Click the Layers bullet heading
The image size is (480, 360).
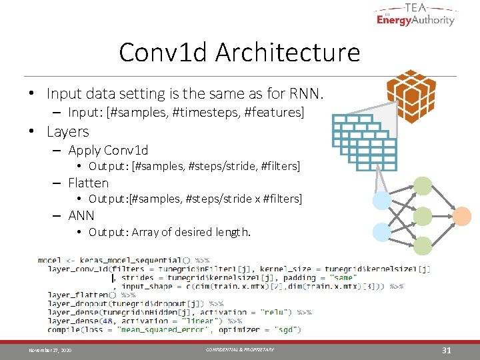[x=67, y=131]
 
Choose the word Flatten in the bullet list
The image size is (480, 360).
[x=88, y=183]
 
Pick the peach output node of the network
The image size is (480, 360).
[x=461, y=216]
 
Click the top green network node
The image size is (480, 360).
[x=422, y=185]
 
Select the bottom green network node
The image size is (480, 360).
[x=422, y=246]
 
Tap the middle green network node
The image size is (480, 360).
[x=422, y=216]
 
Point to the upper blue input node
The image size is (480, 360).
[x=382, y=200]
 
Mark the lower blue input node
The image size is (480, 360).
[x=382, y=231]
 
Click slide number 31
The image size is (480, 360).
[x=447, y=350]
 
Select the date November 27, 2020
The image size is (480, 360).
[x=50, y=350]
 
